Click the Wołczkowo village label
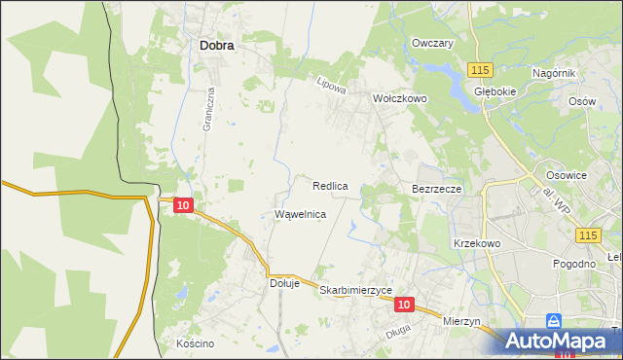tap(400, 98)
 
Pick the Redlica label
tap(331, 185)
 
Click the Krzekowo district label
tap(476, 243)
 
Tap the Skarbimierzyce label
tap(355, 290)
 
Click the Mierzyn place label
tap(461, 321)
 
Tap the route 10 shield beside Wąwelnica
tap(183, 205)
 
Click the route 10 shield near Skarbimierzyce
tap(406, 305)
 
